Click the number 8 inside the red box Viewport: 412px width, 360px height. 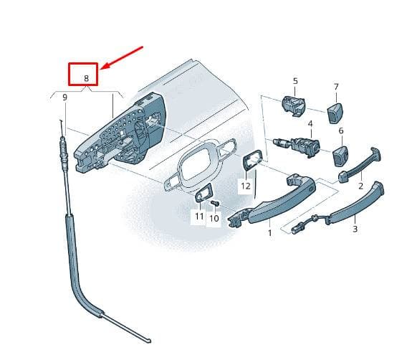[x=87, y=78]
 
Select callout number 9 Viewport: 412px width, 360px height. [x=64, y=98]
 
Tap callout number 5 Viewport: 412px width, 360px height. [x=295, y=81]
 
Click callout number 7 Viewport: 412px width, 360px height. [x=336, y=87]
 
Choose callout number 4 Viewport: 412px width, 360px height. [x=310, y=123]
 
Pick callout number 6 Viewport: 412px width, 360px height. [x=341, y=131]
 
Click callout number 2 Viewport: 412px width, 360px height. [x=360, y=186]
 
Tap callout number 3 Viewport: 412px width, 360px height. [x=355, y=229]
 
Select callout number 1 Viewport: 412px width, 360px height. [x=269, y=233]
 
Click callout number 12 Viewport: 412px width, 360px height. [x=246, y=186]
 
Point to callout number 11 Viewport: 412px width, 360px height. [x=199, y=216]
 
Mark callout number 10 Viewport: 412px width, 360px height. [x=214, y=218]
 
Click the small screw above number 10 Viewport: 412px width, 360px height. [x=215, y=203]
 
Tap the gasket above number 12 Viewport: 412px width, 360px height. [x=252, y=158]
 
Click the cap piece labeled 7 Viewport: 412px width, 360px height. [x=335, y=113]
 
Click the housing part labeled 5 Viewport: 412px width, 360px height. [x=293, y=106]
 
